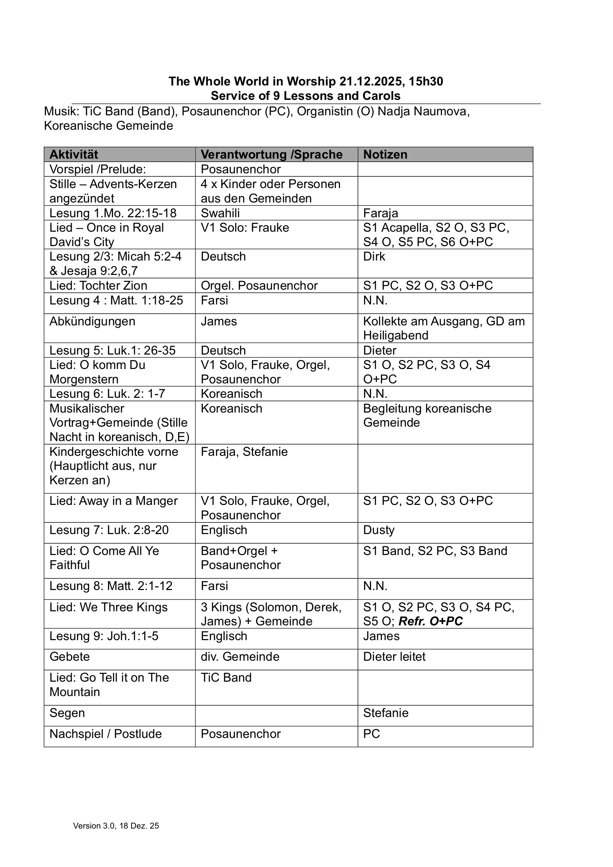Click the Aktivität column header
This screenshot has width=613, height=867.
(x=74, y=154)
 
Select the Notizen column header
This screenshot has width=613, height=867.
(x=385, y=154)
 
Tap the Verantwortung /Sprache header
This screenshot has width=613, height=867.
(x=271, y=154)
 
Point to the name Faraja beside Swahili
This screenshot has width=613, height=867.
(x=380, y=213)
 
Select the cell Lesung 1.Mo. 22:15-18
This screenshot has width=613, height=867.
(x=113, y=213)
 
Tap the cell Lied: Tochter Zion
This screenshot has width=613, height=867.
(x=98, y=286)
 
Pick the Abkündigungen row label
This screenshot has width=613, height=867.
(x=92, y=321)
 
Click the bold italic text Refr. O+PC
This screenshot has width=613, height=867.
(x=430, y=621)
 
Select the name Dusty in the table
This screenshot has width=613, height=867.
(x=379, y=530)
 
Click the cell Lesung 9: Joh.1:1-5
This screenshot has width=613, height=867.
(x=104, y=636)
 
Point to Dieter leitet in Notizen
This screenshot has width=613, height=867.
(x=394, y=657)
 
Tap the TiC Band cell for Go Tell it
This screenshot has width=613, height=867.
(x=226, y=678)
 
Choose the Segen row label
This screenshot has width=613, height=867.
(x=67, y=713)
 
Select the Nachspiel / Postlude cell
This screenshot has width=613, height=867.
(x=105, y=734)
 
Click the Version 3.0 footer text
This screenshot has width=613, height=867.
(x=116, y=825)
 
